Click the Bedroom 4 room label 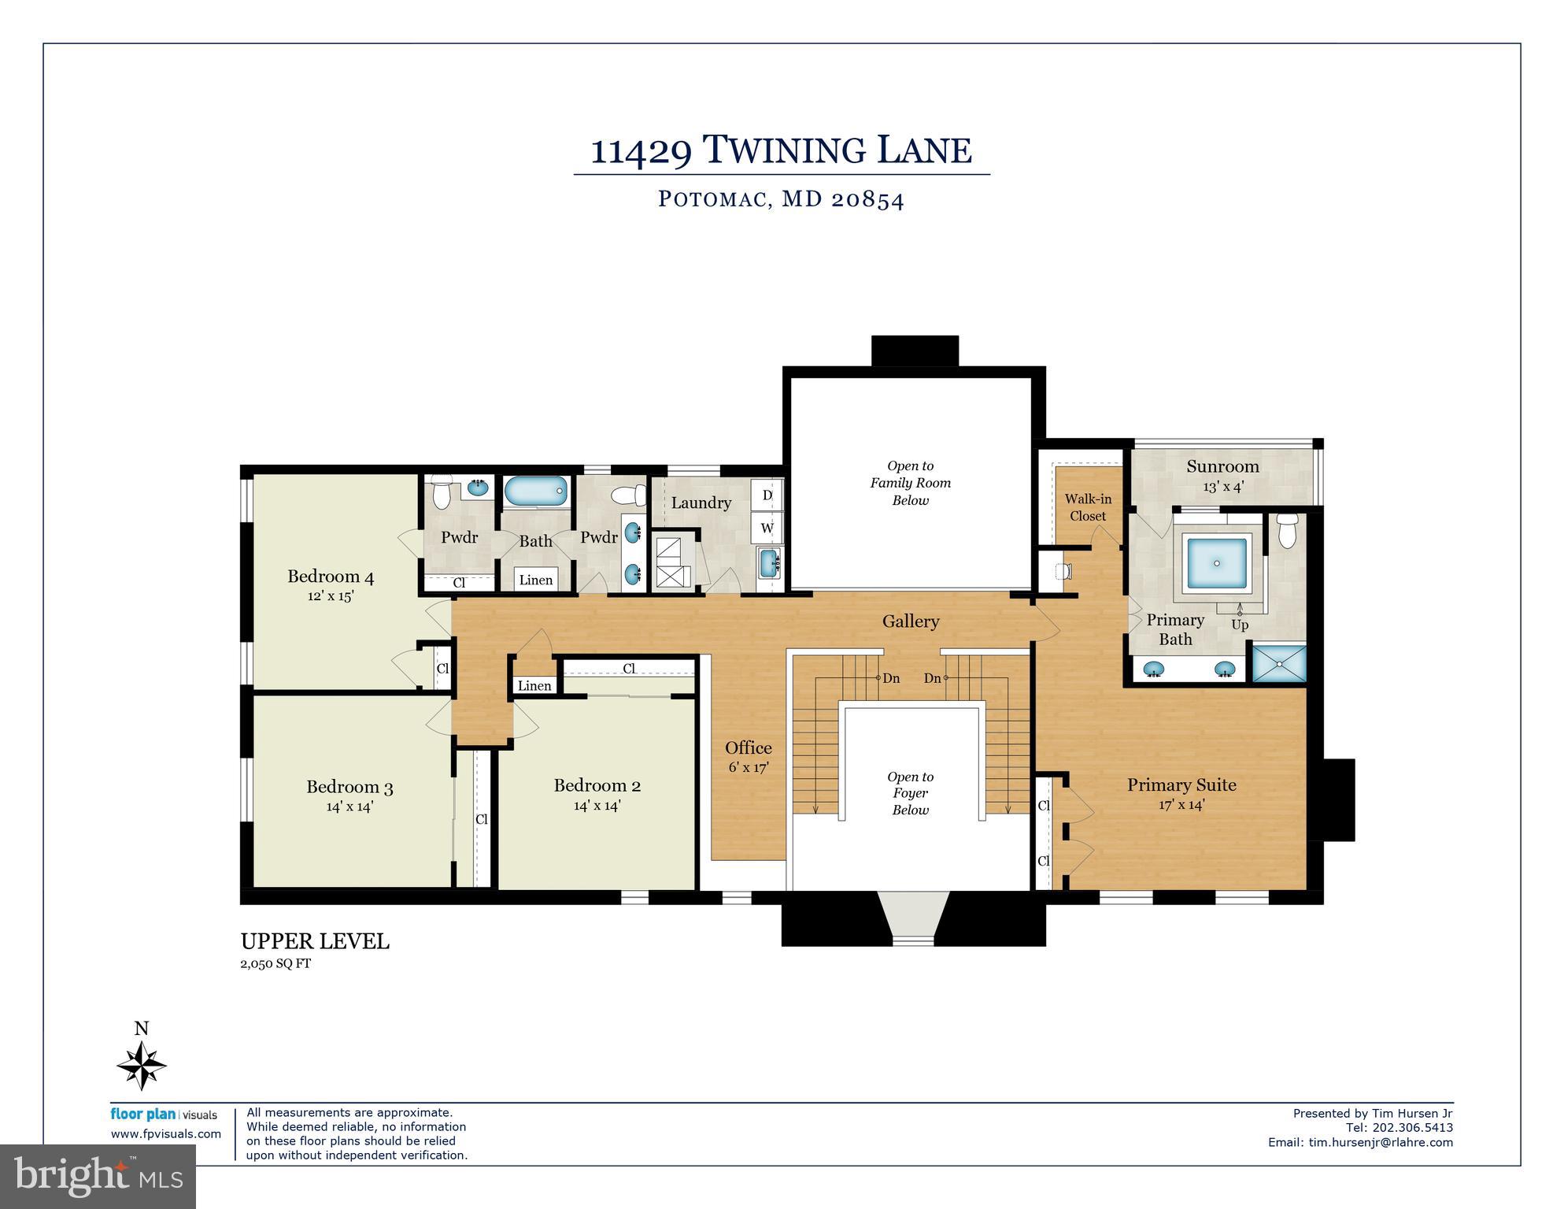pyautogui.click(x=331, y=577)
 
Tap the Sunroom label pyautogui.click(x=1222, y=466)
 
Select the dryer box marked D pyautogui.click(x=767, y=495)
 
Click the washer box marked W pyautogui.click(x=767, y=528)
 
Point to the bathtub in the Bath pyautogui.click(x=535, y=491)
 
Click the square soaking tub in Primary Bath pyautogui.click(x=1217, y=563)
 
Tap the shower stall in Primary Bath pyautogui.click(x=1279, y=663)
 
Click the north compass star pyautogui.click(x=142, y=1066)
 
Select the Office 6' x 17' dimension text pyautogui.click(x=748, y=767)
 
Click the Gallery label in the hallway pyautogui.click(x=910, y=621)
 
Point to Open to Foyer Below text pyautogui.click(x=910, y=793)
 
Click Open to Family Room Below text pyautogui.click(x=910, y=483)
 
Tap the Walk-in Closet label pyautogui.click(x=1088, y=507)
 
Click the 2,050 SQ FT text pyautogui.click(x=275, y=963)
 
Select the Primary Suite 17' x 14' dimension pyautogui.click(x=1181, y=805)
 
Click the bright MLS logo pyautogui.click(x=98, y=1176)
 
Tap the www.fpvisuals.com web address pyautogui.click(x=165, y=1134)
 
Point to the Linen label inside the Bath pyautogui.click(x=536, y=580)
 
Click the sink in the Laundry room pyautogui.click(x=769, y=562)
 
